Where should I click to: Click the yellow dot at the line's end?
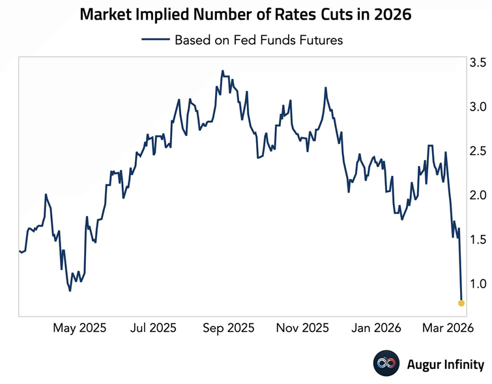click(461, 303)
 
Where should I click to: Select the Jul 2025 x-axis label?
click(153, 329)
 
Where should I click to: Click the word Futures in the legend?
click(320, 40)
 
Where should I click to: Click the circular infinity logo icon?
click(386, 364)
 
